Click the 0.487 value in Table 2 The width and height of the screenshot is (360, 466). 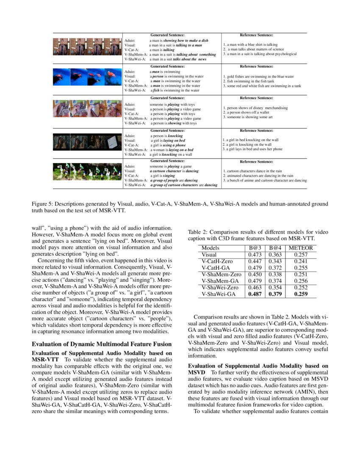coord(256,294)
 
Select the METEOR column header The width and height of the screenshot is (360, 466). coord(302,248)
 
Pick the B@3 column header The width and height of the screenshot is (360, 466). coord(256,248)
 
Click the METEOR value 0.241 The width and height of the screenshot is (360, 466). coord(302,261)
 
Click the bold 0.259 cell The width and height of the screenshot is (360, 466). coord(302,294)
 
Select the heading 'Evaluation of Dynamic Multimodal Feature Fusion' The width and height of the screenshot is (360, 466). coord(102,344)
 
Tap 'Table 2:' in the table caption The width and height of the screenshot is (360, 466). coord(199,232)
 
